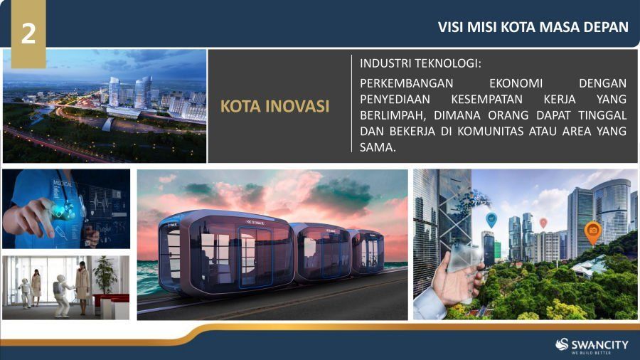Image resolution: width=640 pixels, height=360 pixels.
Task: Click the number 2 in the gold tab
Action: pyautogui.click(x=28, y=33)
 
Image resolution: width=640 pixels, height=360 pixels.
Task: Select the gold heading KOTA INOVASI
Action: pyautogui.click(x=274, y=106)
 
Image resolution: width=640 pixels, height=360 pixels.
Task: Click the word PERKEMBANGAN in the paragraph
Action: pyautogui.click(x=407, y=83)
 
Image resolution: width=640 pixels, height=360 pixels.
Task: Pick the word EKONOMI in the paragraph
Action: pyautogui.click(x=516, y=83)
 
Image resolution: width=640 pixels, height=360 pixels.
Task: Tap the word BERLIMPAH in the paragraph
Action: pyautogui.click(x=393, y=115)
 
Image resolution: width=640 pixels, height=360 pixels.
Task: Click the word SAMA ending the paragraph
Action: pyautogui.click(x=378, y=147)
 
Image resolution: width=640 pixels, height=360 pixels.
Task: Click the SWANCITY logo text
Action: pyautogui.click(x=599, y=344)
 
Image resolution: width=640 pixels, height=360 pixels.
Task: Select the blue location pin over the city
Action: pyautogui.click(x=491, y=220)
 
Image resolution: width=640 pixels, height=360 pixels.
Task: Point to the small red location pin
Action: pyautogui.click(x=543, y=223)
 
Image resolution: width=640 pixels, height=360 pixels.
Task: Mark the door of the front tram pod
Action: pyautogui.click(x=255, y=257)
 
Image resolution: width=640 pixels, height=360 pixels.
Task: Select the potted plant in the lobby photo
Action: pyautogui.click(x=105, y=275)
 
